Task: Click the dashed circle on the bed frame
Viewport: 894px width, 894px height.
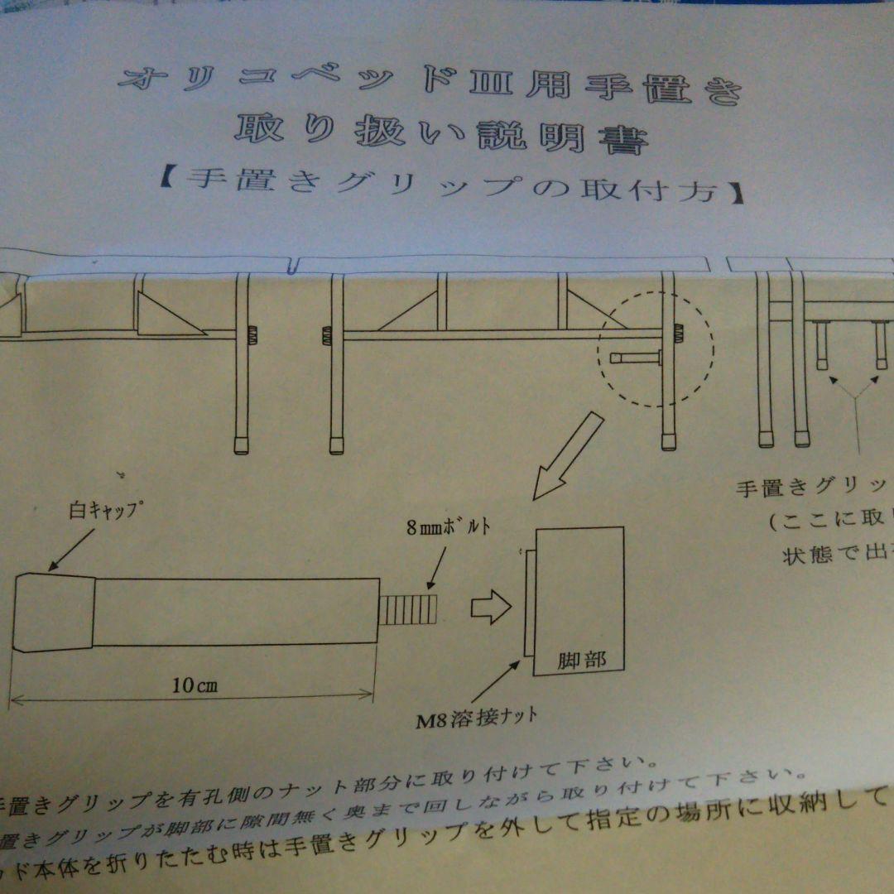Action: [x=656, y=348]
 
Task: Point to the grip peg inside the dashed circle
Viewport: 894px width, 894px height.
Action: [x=634, y=358]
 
